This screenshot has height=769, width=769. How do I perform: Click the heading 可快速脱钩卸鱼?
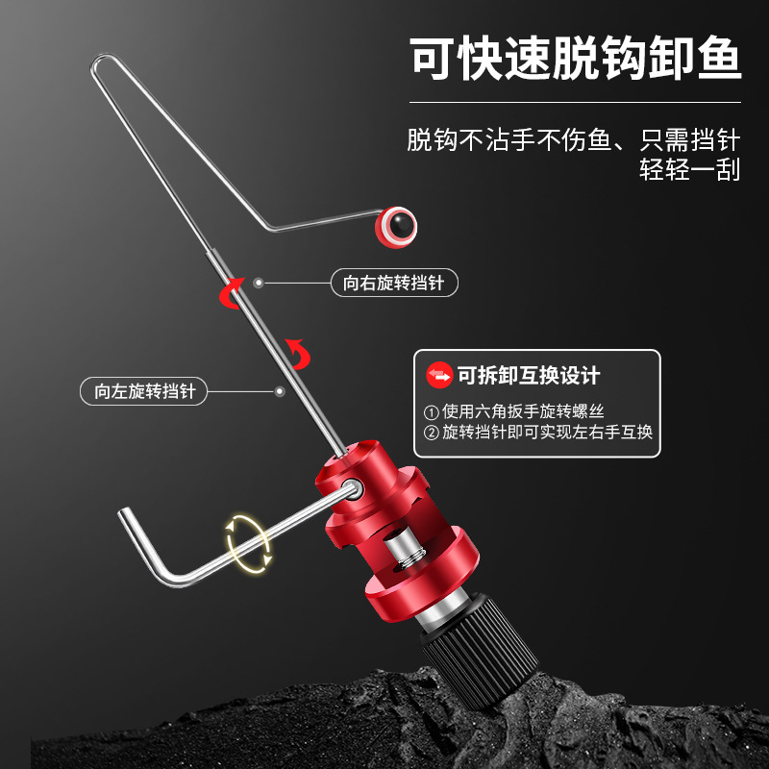coord(576,60)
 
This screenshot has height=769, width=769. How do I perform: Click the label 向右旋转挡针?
coord(393,284)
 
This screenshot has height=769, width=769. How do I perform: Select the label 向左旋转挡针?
coord(144,391)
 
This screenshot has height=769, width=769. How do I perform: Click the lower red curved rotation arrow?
coord(300,353)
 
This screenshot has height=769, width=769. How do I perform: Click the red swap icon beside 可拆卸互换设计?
coord(438,376)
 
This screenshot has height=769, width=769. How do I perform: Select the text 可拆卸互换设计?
coord(529,376)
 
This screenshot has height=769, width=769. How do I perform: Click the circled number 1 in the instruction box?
coord(431,410)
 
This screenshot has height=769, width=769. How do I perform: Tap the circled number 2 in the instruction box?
coord(431,433)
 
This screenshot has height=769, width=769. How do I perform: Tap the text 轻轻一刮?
coord(690,170)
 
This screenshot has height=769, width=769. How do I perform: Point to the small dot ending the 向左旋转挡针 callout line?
coord(280,391)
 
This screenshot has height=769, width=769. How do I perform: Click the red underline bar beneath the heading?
coord(576,101)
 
